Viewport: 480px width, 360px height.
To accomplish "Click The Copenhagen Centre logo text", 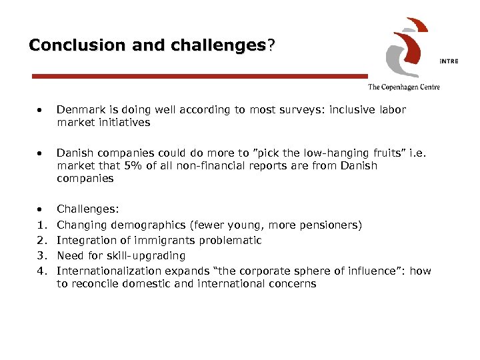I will point(403,87).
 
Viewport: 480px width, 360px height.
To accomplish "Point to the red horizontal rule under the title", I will point(200,77).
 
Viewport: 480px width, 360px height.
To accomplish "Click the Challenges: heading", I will point(88,209).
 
